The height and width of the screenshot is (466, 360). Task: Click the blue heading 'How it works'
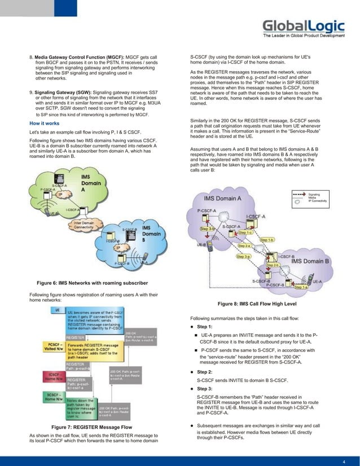click(45, 122)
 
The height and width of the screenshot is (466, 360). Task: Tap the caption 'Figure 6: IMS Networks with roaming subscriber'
click(92, 282)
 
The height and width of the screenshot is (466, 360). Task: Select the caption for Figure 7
click(91, 427)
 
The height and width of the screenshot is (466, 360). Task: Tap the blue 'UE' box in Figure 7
click(58, 310)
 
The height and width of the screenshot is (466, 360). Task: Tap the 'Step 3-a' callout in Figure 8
click(243, 257)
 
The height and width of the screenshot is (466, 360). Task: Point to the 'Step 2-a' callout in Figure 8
click(244, 246)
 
